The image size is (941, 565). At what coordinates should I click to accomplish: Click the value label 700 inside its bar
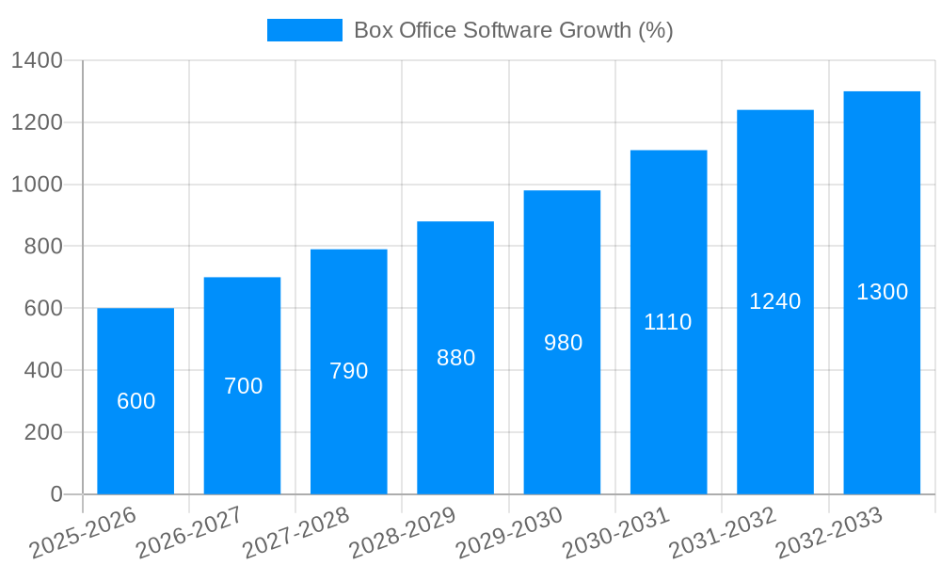(243, 386)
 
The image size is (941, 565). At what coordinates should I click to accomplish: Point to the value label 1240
(774, 301)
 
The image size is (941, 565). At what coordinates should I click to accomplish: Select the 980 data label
(563, 343)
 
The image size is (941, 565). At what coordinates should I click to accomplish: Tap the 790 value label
(348, 371)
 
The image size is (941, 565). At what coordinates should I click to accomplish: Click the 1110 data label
(668, 322)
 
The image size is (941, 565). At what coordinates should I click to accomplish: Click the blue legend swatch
(304, 30)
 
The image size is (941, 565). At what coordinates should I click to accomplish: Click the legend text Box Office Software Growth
(513, 30)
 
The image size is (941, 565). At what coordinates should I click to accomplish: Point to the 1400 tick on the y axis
(37, 61)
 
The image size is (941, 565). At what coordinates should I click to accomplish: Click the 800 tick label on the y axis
(42, 247)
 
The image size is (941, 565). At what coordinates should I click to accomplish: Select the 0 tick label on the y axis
(56, 494)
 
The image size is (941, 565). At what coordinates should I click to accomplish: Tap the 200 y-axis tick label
(42, 432)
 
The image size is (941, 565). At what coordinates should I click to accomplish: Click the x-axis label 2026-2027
(189, 533)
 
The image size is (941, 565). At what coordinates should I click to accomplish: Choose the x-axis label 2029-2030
(509, 533)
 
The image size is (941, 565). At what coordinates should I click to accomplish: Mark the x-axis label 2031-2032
(722, 533)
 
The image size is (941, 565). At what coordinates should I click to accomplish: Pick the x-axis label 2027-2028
(295, 533)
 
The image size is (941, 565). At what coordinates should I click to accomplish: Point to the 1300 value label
(882, 292)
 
